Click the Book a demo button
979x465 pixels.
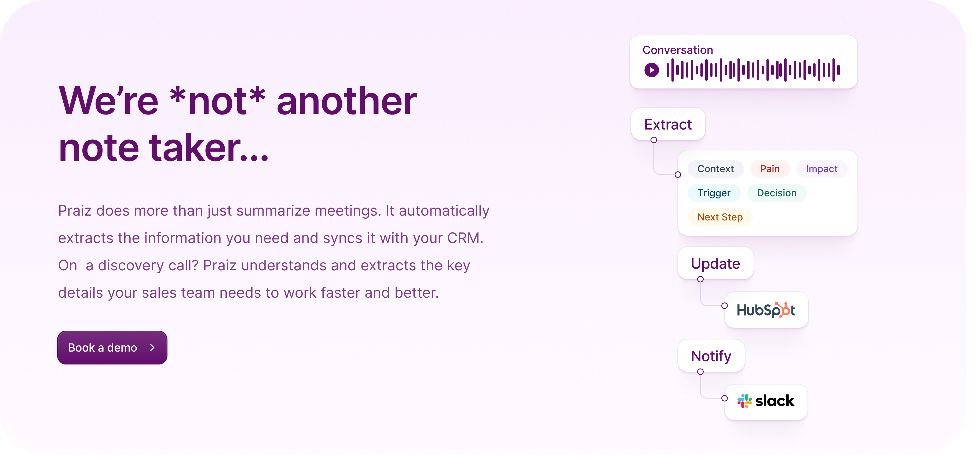pos(112,347)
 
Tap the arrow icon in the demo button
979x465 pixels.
pos(152,347)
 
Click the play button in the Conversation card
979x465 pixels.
pos(651,70)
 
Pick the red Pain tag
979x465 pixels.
pos(770,169)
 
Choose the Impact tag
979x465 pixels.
pos(822,169)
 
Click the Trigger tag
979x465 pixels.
pos(714,193)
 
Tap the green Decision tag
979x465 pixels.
pos(776,193)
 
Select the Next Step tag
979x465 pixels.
pos(720,217)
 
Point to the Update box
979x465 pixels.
pos(715,263)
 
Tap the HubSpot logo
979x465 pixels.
pos(766,310)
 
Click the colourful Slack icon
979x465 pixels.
pos(744,401)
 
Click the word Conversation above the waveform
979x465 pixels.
pos(678,50)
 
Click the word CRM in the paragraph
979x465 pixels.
pos(465,238)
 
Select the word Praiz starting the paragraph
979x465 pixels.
pos(75,211)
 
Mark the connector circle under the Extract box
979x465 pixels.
pos(654,140)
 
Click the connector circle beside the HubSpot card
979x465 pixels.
pos(724,306)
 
